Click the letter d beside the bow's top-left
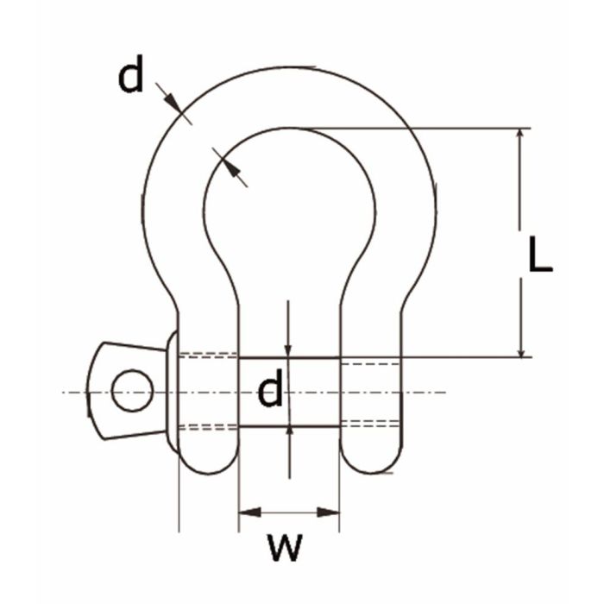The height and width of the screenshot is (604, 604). coord(131,77)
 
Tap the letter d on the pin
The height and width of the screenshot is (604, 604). coord(270,392)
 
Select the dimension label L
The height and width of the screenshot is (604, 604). coord(540,256)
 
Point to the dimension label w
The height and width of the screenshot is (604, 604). coord(284,546)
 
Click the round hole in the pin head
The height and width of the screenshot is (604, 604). coord(132,390)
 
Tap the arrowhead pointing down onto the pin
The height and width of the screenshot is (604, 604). coord(288,349)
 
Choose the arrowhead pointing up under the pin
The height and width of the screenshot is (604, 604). coord(288,434)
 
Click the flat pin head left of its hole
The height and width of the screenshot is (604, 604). coord(99,391)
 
